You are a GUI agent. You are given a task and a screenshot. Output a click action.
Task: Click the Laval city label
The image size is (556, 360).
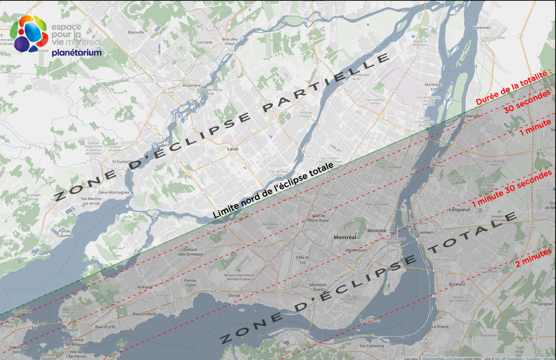click(x=233, y=149)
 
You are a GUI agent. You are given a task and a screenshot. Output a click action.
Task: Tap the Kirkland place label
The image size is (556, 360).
click(x=145, y=287)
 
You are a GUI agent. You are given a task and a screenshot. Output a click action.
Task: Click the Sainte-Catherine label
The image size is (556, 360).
click(x=371, y=345)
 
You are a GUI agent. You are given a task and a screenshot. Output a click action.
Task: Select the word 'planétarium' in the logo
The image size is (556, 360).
click(x=77, y=53)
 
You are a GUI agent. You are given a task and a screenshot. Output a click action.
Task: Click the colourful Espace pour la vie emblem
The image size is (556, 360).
click(x=28, y=34)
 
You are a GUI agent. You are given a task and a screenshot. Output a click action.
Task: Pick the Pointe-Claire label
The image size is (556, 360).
click(x=190, y=282)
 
